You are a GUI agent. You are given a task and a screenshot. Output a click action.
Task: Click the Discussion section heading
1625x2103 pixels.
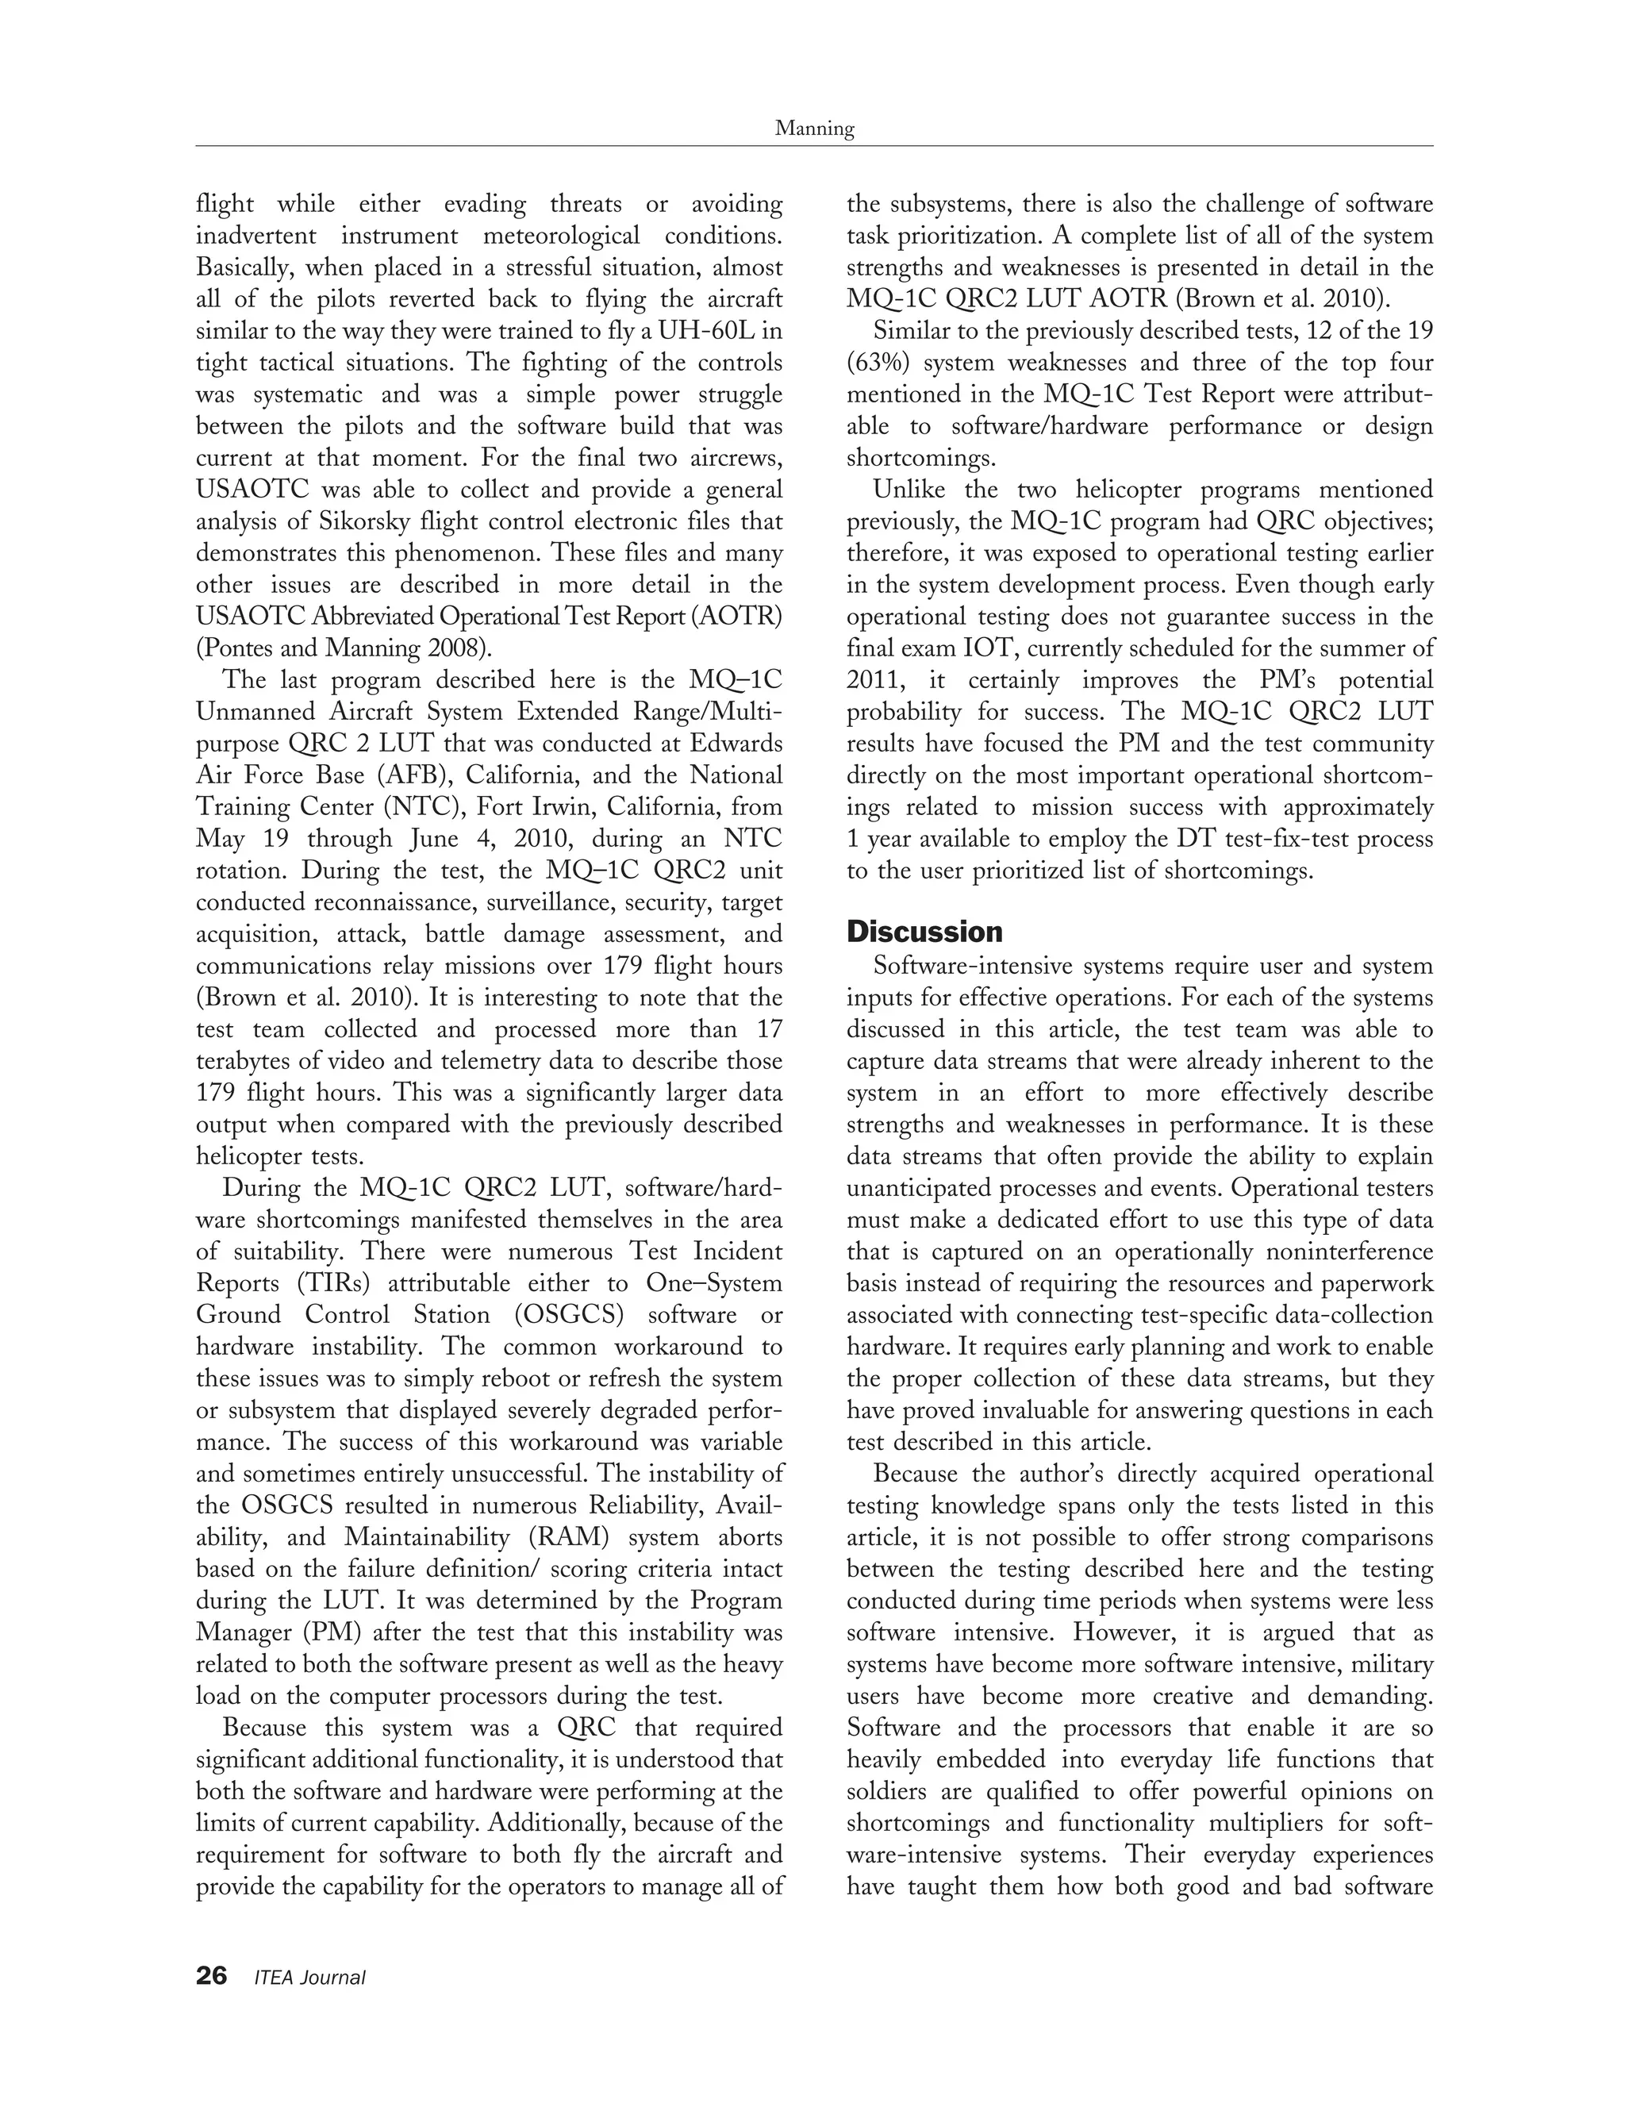coord(924,932)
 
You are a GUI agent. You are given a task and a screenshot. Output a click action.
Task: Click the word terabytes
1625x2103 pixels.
coord(243,1061)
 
